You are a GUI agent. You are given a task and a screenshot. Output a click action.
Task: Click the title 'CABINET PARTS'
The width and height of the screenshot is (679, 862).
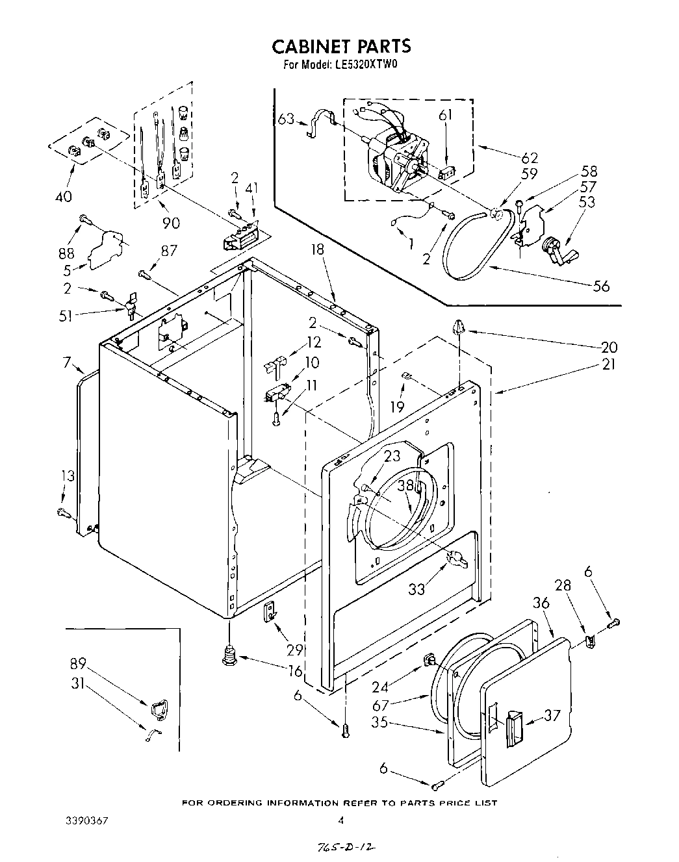340,46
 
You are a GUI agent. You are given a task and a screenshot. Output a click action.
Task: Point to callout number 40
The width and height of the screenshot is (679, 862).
63,196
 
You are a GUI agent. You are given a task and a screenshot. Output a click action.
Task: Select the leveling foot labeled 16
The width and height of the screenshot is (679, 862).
229,655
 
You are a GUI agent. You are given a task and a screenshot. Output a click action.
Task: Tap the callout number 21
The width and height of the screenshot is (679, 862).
608,364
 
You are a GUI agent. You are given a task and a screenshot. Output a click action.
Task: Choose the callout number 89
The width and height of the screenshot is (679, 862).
79,663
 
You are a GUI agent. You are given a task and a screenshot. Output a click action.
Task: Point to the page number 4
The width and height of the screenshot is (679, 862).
340,820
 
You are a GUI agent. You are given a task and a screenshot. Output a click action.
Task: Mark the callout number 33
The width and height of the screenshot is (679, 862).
417,590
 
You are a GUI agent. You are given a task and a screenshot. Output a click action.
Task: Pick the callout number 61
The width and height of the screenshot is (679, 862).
445,115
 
